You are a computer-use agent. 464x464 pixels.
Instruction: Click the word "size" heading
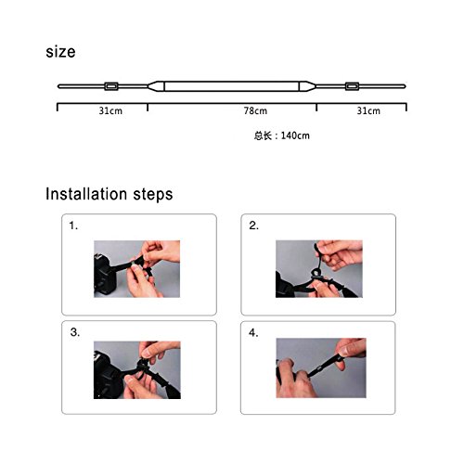[60, 52]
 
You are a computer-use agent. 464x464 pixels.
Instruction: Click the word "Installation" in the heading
[86, 194]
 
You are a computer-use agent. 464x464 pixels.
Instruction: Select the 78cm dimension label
[255, 110]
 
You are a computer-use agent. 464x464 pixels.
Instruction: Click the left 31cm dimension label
[110, 110]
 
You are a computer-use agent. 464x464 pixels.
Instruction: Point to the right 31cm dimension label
[368, 110]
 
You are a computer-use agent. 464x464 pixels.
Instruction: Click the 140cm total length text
[295, 135]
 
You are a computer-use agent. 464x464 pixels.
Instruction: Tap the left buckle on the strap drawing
[111, 86]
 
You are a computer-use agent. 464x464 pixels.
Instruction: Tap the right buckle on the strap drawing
[352, 86]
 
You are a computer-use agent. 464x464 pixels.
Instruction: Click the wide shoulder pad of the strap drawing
[231, 86]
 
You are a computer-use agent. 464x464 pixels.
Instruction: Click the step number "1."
[73, 226]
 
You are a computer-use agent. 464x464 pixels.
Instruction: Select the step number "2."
[253, 226]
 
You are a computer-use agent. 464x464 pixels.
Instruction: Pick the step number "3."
[75, 332]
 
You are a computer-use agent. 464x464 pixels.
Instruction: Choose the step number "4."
[253, 333]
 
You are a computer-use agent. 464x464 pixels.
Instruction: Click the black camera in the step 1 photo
[104, 276]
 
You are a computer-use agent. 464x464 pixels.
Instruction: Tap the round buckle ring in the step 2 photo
[316, 274]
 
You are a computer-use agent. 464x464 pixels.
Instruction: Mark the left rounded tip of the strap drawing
[59, 86]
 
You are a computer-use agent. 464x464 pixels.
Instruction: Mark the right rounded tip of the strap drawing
[404, 86]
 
